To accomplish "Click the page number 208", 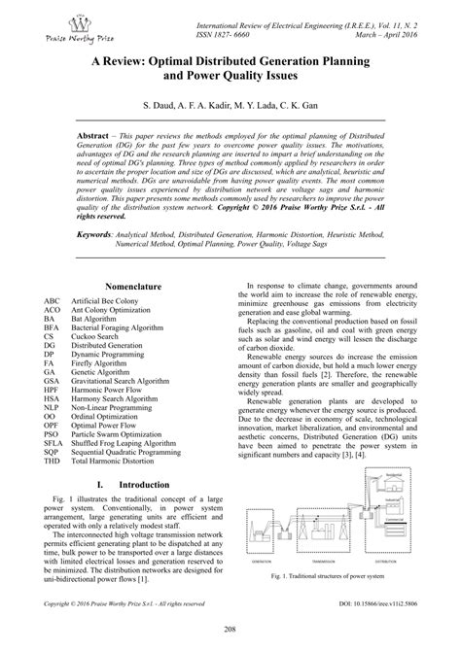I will coord(230,629).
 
